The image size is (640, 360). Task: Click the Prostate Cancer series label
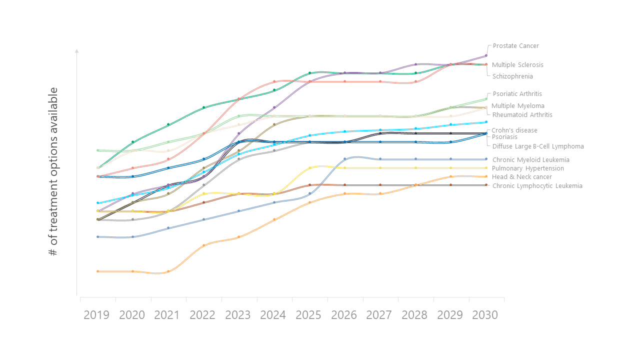pos(515,46)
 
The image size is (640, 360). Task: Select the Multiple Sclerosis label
pos(517,65)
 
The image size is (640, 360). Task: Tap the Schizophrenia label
pos(512,76)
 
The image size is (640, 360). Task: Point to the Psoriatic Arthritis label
pos(517,94)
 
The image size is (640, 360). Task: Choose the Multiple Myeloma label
pos(517,106)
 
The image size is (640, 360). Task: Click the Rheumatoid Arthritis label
pos(522,115)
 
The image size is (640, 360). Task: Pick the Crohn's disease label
pos(514,130)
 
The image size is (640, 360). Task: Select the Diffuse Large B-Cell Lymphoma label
pos(538,146)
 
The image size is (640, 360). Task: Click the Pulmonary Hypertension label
pos(528,168)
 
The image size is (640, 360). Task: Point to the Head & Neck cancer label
pos(522,177)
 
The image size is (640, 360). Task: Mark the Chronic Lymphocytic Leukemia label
pos(537,186)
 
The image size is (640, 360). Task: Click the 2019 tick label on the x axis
pos(96,315)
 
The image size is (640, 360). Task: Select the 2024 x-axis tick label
pos(273,315)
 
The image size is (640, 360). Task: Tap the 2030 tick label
pos(485,315)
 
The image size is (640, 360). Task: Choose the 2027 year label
pos(379,315)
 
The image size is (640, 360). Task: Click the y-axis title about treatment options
pos(53,171)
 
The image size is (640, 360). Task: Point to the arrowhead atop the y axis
pos(76,50)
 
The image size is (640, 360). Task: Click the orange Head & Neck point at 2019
pos(97,271)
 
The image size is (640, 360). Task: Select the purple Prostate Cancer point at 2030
pos(486,55)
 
